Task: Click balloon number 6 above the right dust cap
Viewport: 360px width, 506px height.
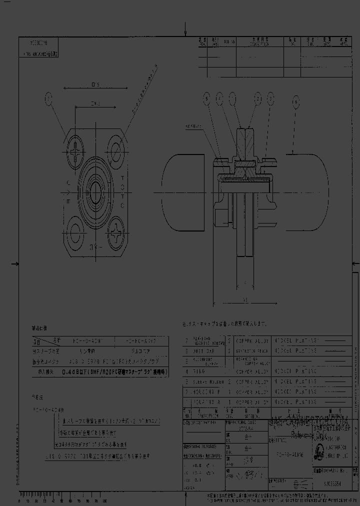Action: click(x=296, y=102)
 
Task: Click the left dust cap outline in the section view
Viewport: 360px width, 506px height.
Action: click(x=182, y=193)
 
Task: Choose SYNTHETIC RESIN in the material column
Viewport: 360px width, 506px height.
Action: click(x=252, y=351)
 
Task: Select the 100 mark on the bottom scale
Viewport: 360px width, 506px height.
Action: click(x=104, y=500)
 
